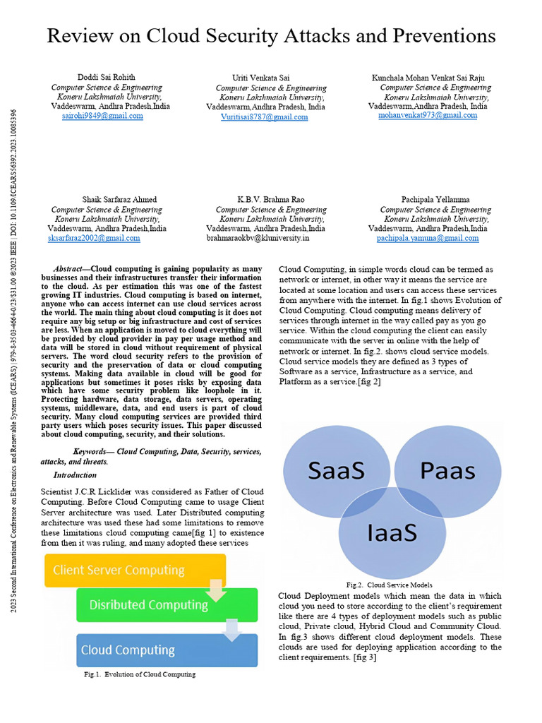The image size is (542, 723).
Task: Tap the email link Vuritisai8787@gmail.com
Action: pyautogui.click(x=264, y=116)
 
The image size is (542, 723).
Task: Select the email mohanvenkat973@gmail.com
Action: pyautogui.click(x=428, y=115)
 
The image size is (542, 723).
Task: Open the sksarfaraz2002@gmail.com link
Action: pyautogui.click(x=94, y=239)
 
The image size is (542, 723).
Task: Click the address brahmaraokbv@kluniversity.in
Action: pyautogui.click(x=258, y=239)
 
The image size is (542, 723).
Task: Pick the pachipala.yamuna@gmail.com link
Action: pyautogui.click(x=428, y=239)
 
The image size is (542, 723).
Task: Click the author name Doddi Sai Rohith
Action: pyautogui.click(x=107, y=77)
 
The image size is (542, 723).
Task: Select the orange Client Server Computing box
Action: pyautogui.click(x=134, y=570)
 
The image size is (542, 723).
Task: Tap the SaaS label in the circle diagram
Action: pyautogui.click(x=336, y=470)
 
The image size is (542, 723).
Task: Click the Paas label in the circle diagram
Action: pyautogui.click(x=447, y=470)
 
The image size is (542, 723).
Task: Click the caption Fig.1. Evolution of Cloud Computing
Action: pyautogui.click(x=140, y=674)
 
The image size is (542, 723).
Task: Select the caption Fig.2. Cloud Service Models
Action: pyautogui.click(x=389, y=585)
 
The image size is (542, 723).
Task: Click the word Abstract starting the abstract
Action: pyautogui.click(x=70, y=269)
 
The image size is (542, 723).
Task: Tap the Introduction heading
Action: pyautogui.click(x=75, y=475)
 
